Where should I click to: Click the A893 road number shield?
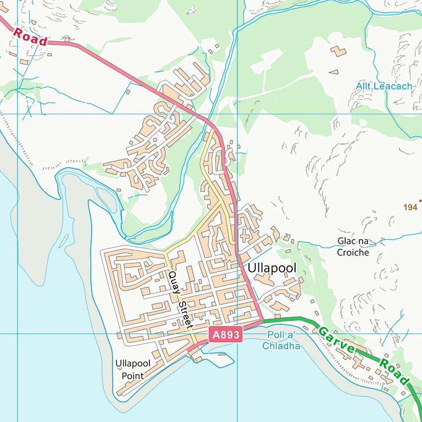pos(225,335)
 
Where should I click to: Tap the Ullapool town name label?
pos(271,268)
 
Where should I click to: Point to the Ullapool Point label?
pos(132,369)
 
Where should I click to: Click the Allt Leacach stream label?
pos(383,86)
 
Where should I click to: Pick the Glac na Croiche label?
pos(353,247)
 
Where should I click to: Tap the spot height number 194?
pos(410,207)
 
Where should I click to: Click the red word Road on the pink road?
pos(30,36)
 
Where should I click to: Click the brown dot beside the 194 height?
pos(420,201)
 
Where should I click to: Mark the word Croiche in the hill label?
pos(353,253)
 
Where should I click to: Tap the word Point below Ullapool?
pos(132,375)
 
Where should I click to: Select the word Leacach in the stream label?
pos(393,86)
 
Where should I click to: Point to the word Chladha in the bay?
pos(281,346)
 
